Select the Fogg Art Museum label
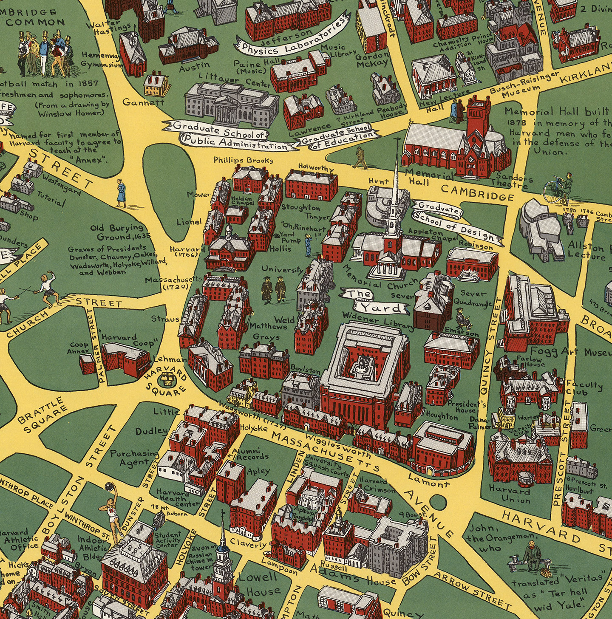[x=569, y=352]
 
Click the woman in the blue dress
[x=122, y=194]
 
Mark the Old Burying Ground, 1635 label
[x=117, y=232]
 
